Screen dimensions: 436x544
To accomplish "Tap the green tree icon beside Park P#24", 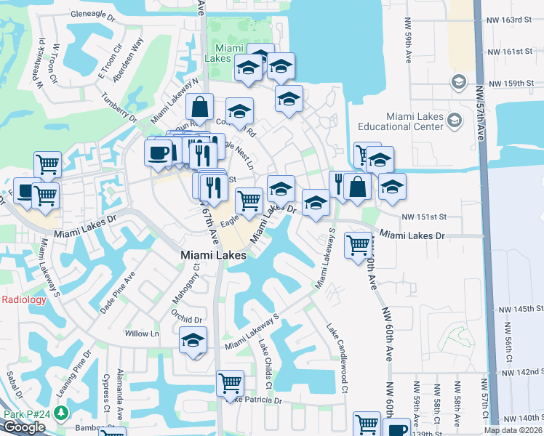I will click(61, 413).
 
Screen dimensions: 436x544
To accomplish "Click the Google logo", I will click(24, 427).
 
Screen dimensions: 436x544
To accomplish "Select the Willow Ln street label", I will click(142, 334).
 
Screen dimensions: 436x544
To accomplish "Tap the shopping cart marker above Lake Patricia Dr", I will click(230, 381).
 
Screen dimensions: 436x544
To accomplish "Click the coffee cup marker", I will click(159, 152).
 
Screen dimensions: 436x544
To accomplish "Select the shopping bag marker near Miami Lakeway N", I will click(199, 107).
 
